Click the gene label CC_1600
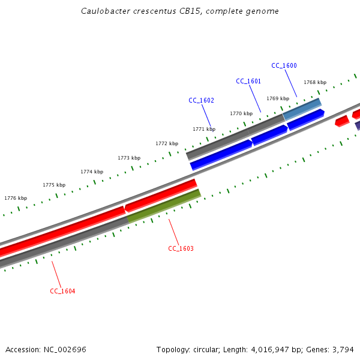(x=284, y=65)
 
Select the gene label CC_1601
(x=248, y=81)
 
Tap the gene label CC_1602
(x=201, y=100)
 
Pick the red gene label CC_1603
(x=181, y=248)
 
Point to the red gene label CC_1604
(x=62, y=291)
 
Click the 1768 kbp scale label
(x=315, y=82)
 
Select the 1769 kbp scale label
(x=278, y=98)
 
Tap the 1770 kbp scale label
(x=241, y=113)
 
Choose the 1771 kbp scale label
(x=204, y=129)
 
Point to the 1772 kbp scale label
(x=167, y=143)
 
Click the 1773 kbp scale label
(x=129, y=158)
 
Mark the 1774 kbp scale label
(x=92, y=172)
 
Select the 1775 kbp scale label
(x=54, y=185)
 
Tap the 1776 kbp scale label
(x=16, y=198)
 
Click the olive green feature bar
(x=164, y=205)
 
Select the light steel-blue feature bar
(x=302, y=109)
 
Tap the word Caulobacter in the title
(x=104, y=11)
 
